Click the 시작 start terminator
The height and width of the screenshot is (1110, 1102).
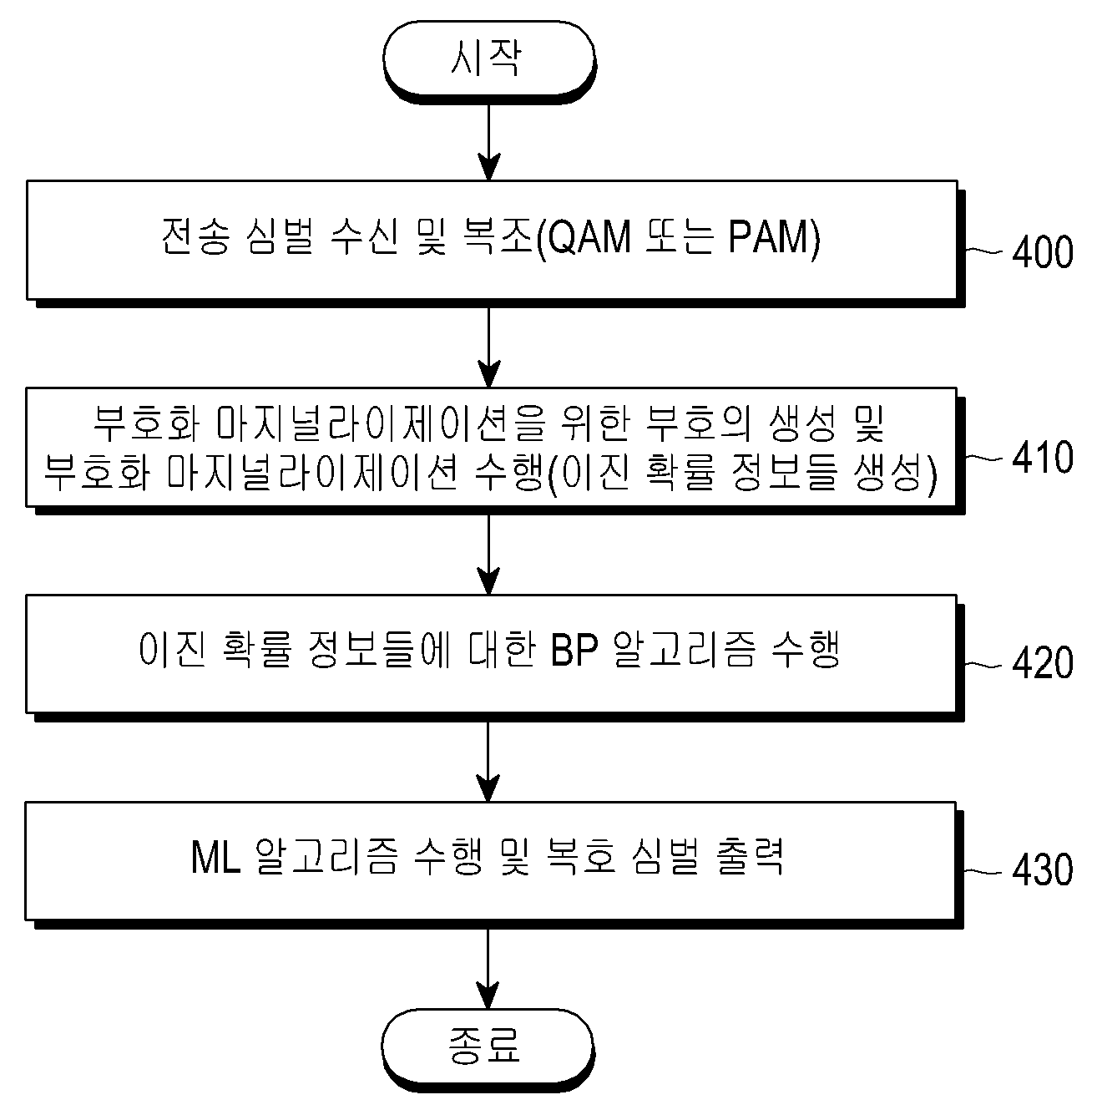[x=489, y=60]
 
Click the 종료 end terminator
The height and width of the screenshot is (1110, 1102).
[x=488, y=1050]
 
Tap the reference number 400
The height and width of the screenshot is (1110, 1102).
[x=1043, y=251]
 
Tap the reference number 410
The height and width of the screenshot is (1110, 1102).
[x=1043, y=458]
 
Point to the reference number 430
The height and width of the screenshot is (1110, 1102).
[x=1043, y=869]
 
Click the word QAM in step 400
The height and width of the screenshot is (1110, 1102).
[x=589, y=237]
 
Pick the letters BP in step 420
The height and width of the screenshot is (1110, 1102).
[x=574, y=649]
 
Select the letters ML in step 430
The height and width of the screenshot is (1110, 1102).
[x=215, y=857]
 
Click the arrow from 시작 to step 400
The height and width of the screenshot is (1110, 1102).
[x=489, y=142]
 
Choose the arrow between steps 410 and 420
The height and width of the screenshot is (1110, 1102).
[x=489, y=554]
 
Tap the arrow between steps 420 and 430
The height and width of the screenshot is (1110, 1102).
[x=488, y=761]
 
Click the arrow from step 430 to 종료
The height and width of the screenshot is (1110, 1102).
[x=488, y=968]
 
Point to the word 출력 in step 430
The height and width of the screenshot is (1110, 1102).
[x=750, y=857]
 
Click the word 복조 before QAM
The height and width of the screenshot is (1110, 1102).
[x=499, y=236]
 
